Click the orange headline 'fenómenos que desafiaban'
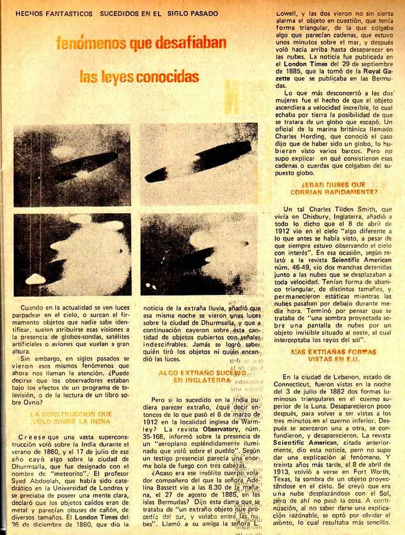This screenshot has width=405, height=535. (141, 43)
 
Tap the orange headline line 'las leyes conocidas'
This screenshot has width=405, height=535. (139, 77)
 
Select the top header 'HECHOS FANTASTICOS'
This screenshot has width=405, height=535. (54, 14)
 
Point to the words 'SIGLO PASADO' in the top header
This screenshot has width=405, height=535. (193, 14)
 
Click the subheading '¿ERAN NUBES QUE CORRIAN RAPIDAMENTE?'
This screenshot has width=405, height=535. (333, 188)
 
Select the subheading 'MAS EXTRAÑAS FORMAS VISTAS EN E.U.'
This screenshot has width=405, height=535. (333, 355)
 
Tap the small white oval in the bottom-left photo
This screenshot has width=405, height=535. (36, 280)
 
